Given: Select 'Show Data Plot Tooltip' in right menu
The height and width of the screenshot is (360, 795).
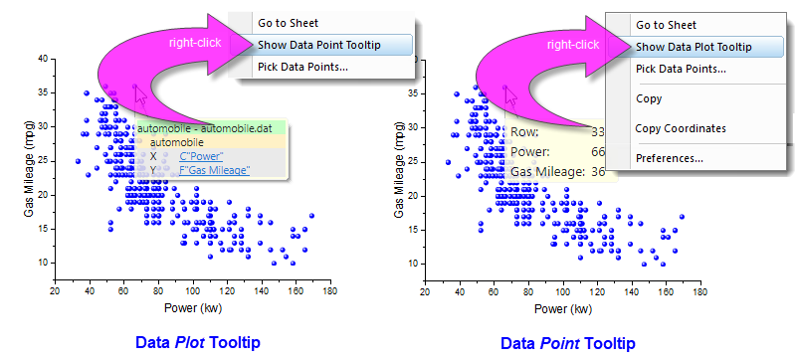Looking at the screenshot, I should tap(694, 46).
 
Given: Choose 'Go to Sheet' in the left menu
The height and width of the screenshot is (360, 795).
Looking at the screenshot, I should tap(289, 22).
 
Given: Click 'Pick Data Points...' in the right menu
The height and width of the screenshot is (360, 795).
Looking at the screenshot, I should tap(681, 69).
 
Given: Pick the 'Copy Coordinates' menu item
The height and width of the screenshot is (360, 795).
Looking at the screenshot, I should tap(681, 128).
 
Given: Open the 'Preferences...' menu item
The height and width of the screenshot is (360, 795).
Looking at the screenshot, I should tap(670, 158).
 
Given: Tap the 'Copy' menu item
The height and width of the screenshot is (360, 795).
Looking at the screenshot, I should tap(649, 98).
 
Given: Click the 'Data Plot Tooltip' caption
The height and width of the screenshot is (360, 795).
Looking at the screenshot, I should tap(198, 343).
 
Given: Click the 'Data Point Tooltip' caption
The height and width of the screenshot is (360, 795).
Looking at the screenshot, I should tap(567, 343).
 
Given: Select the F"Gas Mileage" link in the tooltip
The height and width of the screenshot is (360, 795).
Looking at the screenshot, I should tap(215, 171).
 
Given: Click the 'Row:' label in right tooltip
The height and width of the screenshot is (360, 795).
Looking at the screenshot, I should tap(525, 132).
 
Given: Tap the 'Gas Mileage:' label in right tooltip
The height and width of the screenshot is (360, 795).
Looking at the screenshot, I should tap(545, 172).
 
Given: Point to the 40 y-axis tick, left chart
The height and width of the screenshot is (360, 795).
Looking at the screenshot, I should tap(44, 59).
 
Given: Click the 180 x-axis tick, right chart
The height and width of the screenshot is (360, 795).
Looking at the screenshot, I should tap(700, 291).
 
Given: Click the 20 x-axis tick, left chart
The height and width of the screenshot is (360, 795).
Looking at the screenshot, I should tap(55, 291).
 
